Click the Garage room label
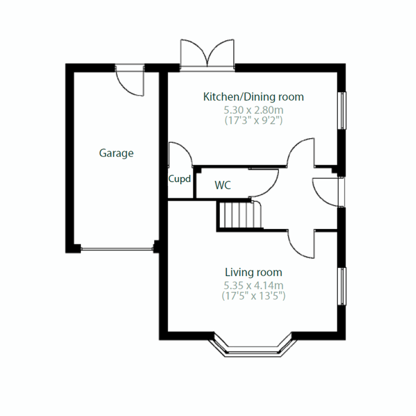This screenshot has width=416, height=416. (116, 153)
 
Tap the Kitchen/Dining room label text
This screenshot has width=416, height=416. (253, 97)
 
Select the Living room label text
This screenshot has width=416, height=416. (253, 272)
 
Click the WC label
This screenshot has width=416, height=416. (223, 185)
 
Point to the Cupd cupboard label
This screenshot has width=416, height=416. (180, 179)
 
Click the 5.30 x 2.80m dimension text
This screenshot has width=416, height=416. (253, 110)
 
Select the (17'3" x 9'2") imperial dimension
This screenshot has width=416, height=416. (253, 121)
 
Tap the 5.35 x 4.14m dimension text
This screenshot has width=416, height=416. (253, 286)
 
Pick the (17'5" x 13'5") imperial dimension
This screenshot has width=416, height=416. (253, 296)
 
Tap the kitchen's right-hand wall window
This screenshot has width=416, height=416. (342, 111)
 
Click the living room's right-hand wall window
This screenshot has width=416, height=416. (342, 286)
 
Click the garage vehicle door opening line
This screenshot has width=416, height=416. (116, 248)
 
